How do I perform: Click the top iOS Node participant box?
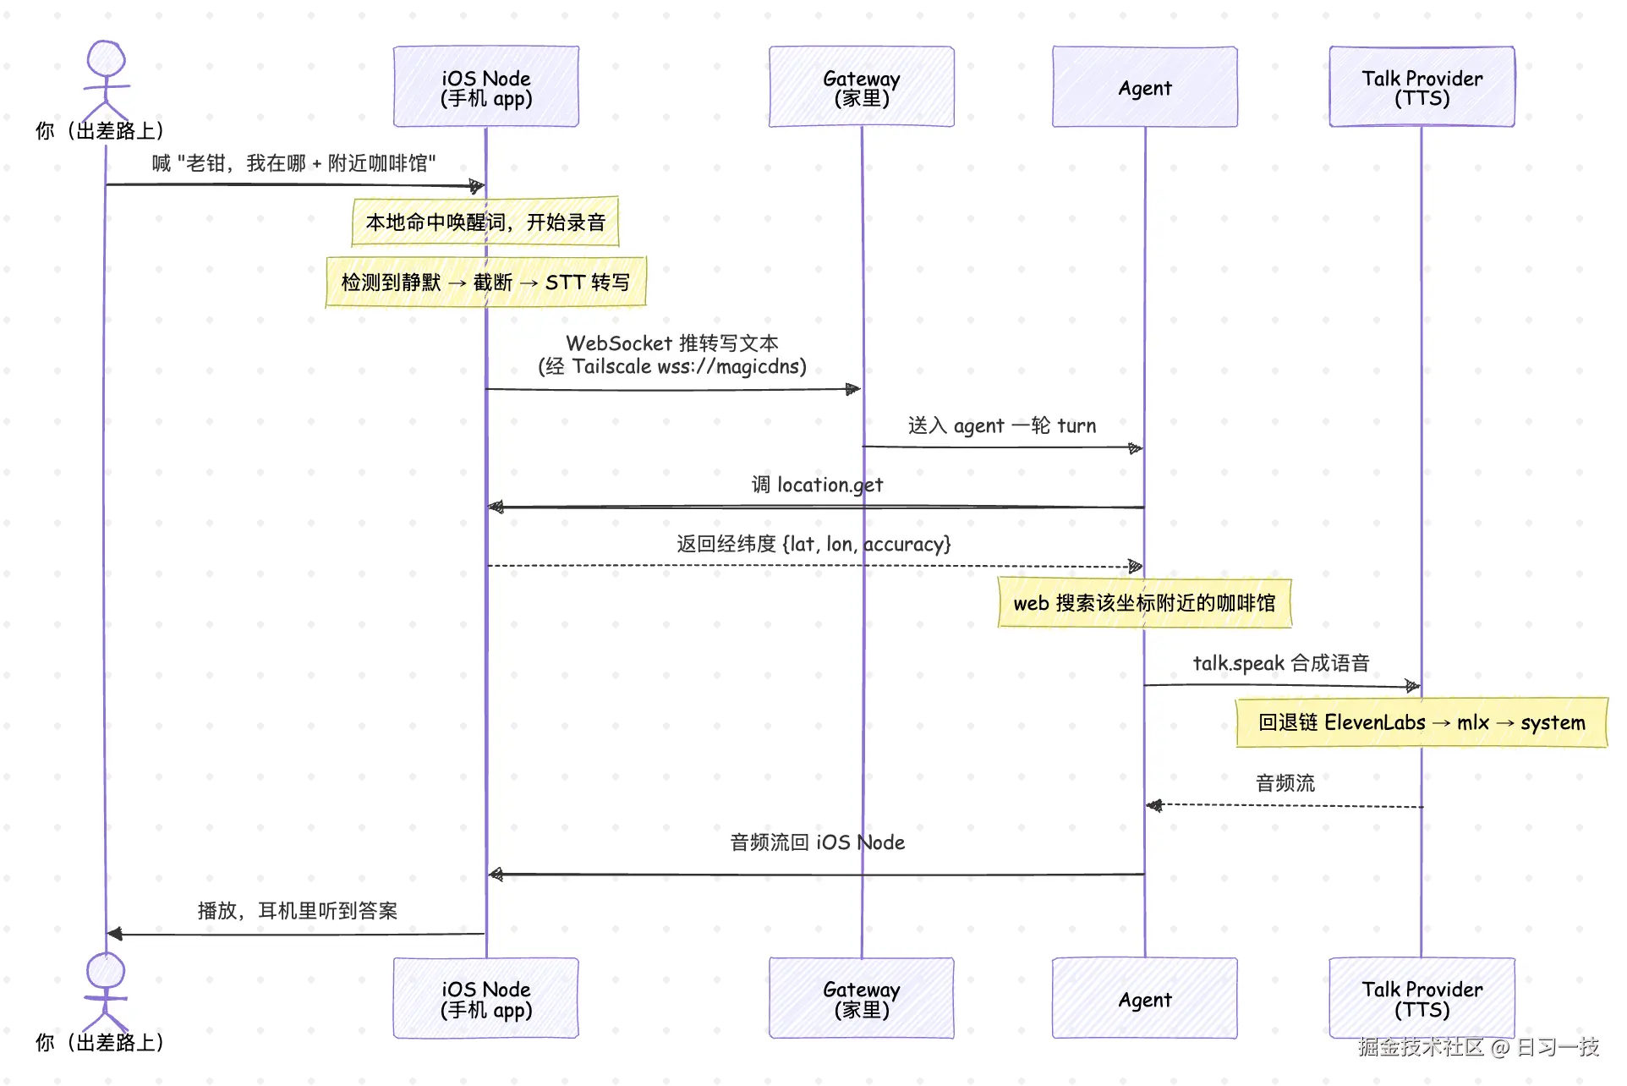(486, 87)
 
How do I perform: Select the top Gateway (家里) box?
(862, 87)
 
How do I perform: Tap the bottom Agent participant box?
(1145, 998)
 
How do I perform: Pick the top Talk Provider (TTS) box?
(1422, 87)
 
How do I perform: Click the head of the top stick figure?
(107, 59)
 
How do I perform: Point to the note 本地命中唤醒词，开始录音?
(485, 222)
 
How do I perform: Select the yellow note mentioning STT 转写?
(486, 282)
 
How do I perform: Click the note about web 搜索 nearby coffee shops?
(1145, 603)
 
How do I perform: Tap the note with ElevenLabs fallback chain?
(1422, 722)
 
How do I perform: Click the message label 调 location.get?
(817, 485)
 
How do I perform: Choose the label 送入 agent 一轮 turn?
(1002, 425)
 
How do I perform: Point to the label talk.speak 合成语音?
(1281, 663)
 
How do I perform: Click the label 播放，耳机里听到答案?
(298, 911)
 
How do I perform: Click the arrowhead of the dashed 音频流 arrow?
(1154, 805)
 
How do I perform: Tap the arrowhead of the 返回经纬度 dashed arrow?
(1136, 566)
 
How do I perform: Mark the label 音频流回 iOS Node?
(818, 842)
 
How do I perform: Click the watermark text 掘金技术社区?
(1421, 1047)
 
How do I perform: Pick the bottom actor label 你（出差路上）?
(100, 1043)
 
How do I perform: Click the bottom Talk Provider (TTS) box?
(1422, 998)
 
